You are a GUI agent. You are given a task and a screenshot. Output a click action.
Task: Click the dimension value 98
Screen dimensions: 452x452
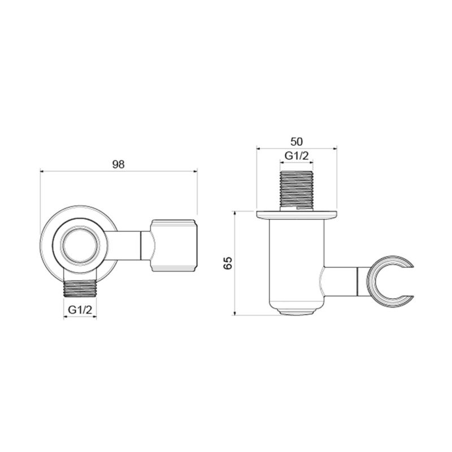tap(118, 164)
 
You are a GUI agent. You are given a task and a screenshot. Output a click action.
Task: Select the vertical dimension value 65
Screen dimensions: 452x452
tap(228, 263)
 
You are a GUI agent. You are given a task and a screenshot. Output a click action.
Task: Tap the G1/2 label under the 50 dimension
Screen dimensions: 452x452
tap(297, 155)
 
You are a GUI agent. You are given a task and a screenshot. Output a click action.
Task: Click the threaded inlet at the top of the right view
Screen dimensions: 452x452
tap(297, 189)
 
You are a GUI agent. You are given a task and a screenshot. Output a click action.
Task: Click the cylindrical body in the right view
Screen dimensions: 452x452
tap(297, 260)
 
